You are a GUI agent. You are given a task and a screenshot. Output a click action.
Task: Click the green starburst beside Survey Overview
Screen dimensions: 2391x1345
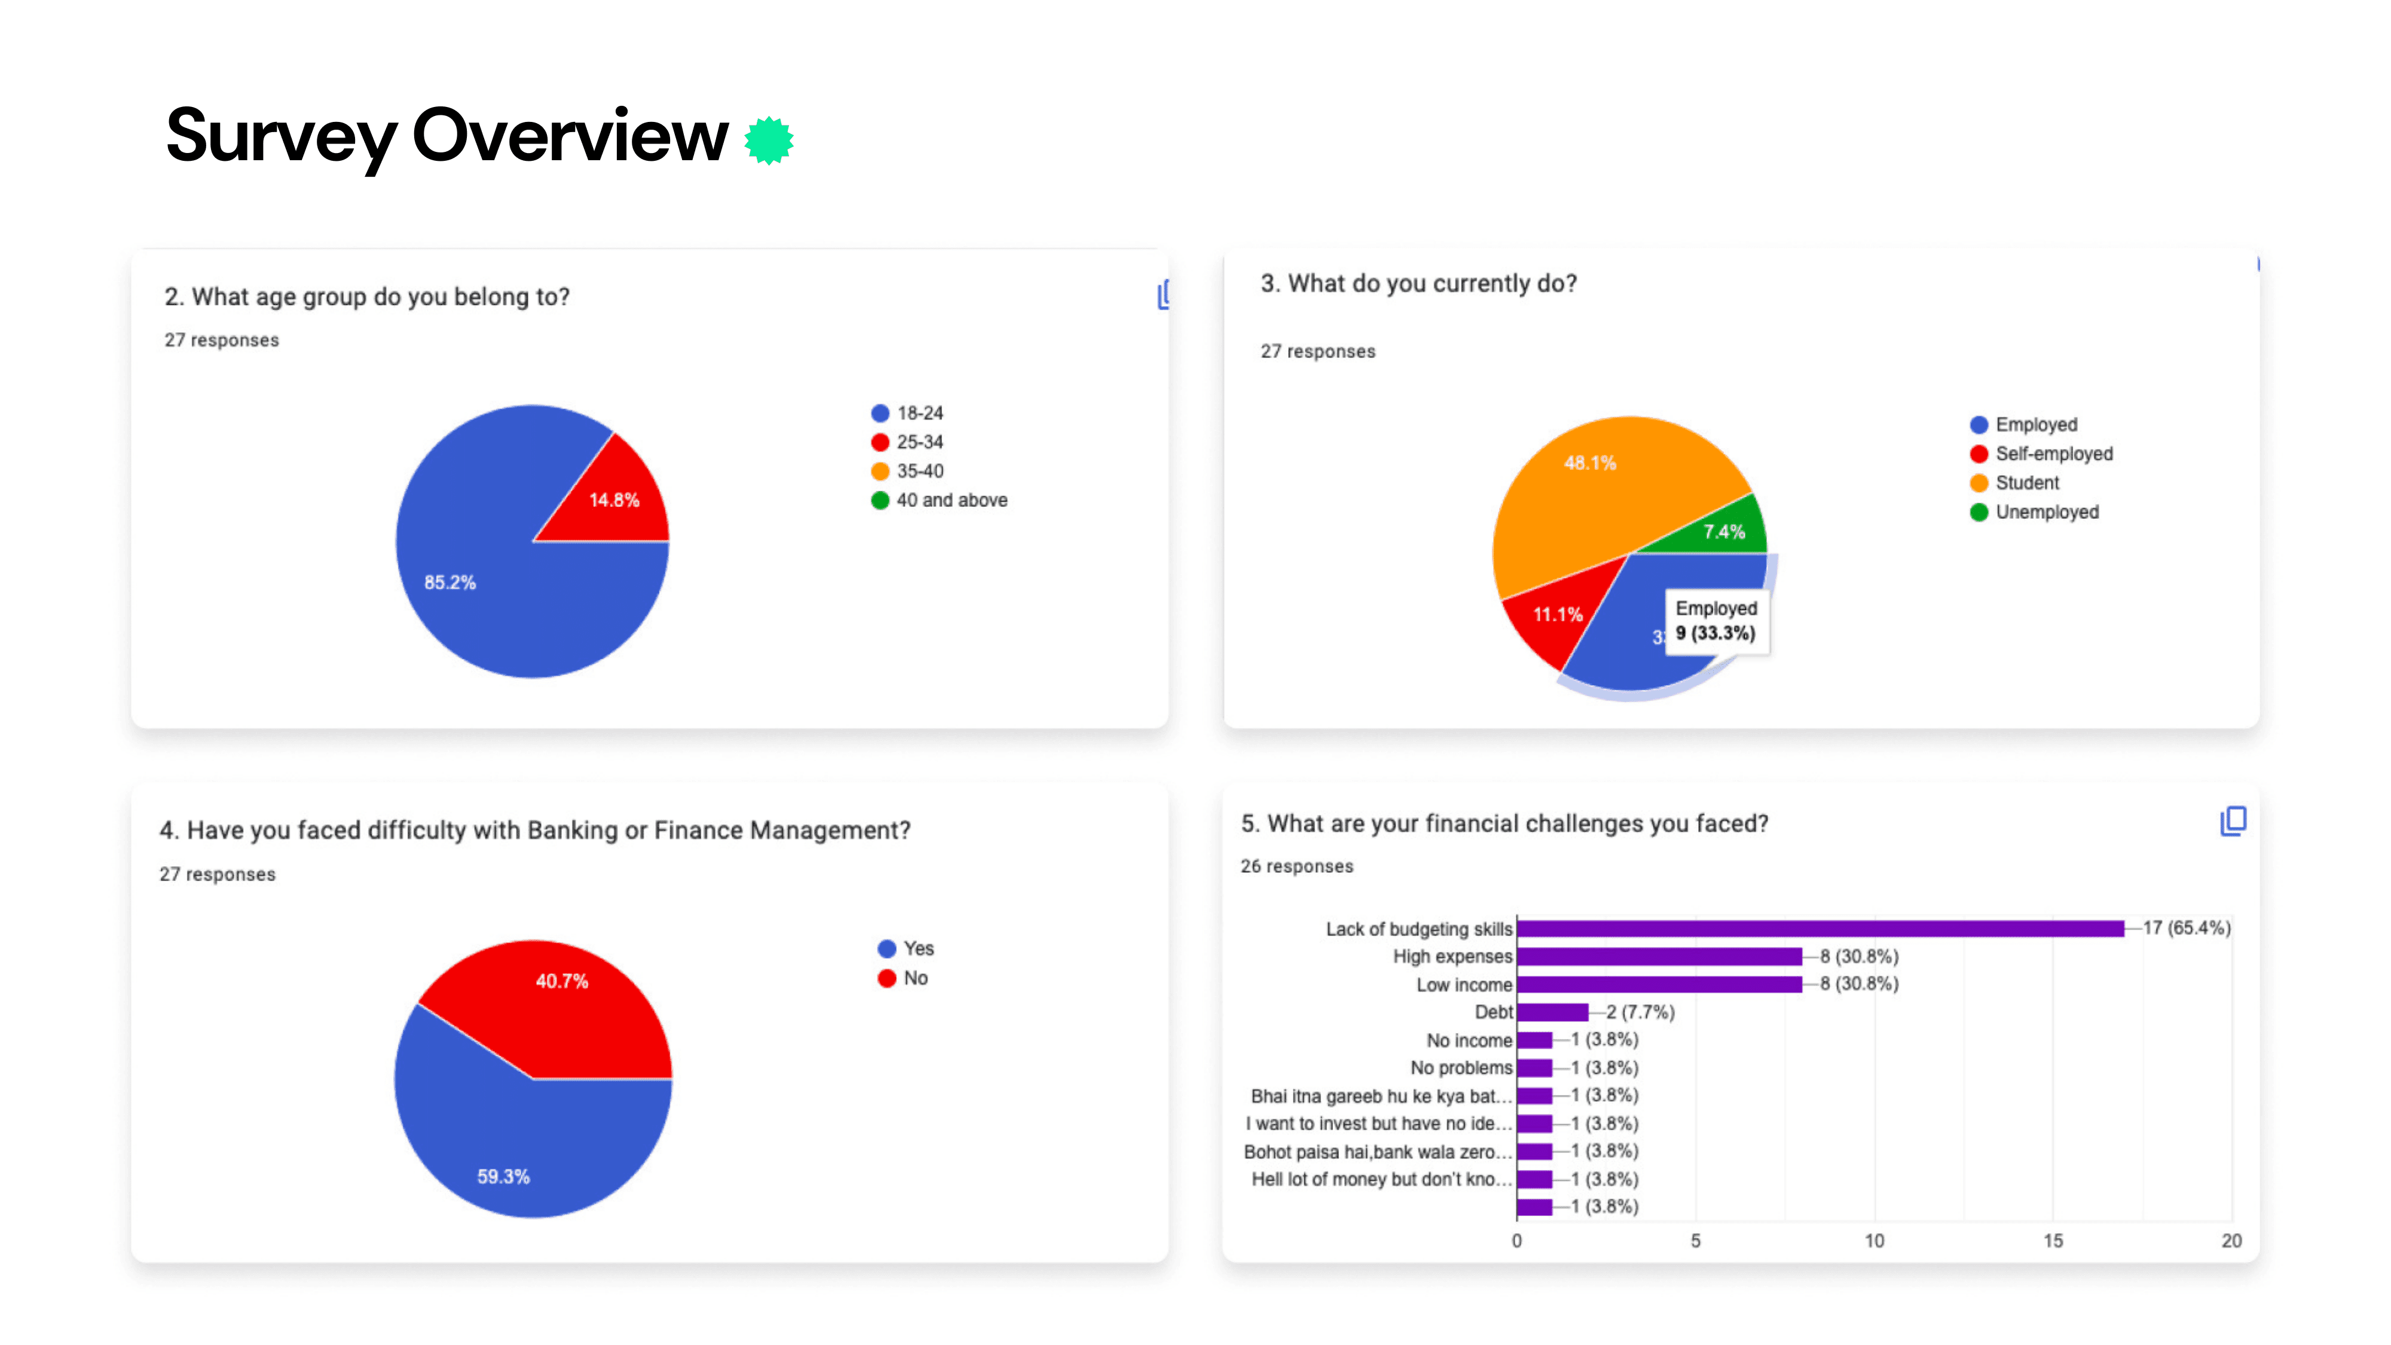769,140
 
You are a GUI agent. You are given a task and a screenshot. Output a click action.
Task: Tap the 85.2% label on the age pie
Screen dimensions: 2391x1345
450,582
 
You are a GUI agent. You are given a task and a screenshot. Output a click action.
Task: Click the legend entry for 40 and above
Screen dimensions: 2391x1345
939,500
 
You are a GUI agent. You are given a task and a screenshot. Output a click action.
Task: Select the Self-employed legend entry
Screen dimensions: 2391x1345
2041,454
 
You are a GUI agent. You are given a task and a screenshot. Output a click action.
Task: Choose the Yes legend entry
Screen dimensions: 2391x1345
906,949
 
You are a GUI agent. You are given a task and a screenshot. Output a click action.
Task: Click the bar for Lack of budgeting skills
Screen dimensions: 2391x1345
1820,928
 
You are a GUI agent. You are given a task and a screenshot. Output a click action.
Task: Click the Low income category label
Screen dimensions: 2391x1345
1464,985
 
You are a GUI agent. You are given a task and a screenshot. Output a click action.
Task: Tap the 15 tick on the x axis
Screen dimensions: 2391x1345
2053,1241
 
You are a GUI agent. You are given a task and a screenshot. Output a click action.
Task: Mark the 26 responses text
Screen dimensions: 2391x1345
1297,866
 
